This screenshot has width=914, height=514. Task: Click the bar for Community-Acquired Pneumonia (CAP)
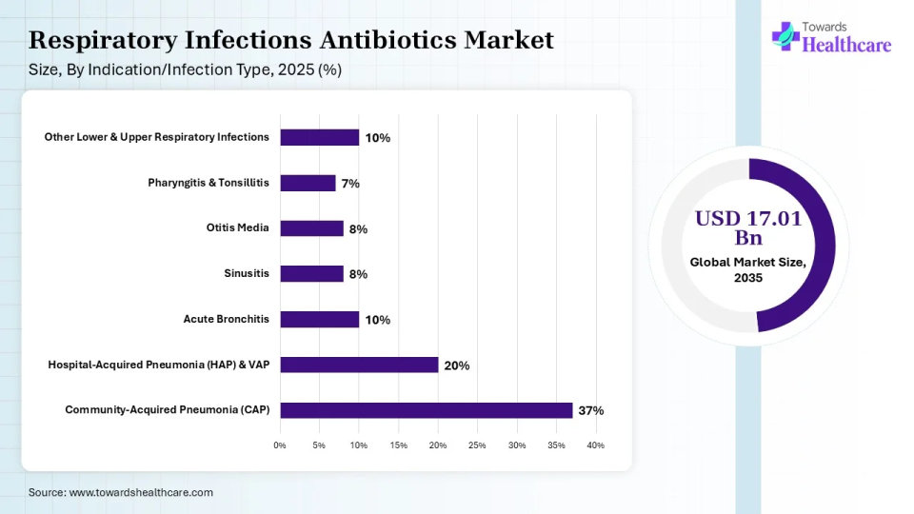coord(426,410)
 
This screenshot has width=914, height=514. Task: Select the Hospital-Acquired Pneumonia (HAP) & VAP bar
coord(359,365)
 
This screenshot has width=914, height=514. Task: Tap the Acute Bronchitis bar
coord(319,319)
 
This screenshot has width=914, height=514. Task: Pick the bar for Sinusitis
coord(311,273)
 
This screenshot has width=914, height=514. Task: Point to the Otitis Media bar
coord(311,228)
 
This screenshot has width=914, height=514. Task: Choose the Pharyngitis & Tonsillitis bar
coord(308,183)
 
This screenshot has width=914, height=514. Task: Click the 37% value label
coord(590,411)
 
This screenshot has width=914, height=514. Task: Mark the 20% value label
coord(456,366)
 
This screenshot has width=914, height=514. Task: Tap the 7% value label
coord(350,184)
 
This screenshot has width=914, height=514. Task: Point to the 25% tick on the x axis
coord(477,445)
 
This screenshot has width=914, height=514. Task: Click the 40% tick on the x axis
coord(595,445)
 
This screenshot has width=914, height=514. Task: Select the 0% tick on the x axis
coord(280,445)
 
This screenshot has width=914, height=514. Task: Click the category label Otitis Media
coord(237,228)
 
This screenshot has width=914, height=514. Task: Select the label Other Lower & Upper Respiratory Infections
coord(157,137)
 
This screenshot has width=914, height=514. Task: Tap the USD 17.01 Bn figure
coord(747,227)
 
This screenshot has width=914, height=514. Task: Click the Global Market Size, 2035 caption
coord(747,269)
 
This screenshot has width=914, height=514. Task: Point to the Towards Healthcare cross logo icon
coord(785,35)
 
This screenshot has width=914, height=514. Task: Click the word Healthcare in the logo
coord(847,44)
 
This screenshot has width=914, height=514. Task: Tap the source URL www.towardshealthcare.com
coord(141,492)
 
